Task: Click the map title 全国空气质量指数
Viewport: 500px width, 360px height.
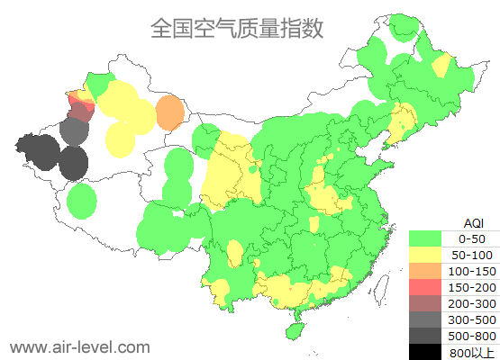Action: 237,29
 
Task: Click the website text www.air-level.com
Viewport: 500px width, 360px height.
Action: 79,346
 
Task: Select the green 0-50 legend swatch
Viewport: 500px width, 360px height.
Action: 429,238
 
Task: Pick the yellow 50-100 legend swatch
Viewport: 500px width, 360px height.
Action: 429,255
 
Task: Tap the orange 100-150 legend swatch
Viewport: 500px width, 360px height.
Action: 429,271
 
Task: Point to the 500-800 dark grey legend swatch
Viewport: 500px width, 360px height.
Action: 429,335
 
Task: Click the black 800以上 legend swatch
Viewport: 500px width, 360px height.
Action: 429,351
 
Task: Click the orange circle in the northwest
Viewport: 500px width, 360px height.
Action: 169,114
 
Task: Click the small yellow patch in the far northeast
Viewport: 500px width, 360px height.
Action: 441,66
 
